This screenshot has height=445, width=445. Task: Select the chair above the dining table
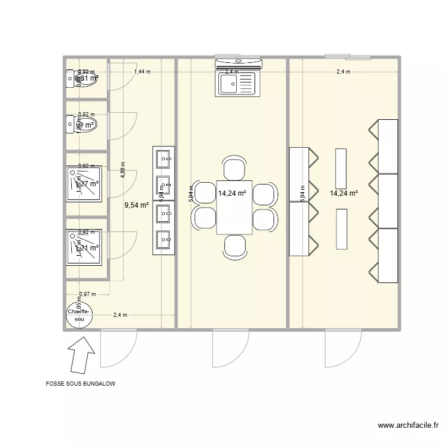234,168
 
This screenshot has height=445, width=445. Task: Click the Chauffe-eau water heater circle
78,315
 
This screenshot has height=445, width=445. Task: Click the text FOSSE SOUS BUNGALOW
81,384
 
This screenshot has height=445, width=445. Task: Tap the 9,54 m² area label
135,206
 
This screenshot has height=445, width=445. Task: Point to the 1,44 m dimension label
142,72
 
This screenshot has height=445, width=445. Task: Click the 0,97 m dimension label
87,294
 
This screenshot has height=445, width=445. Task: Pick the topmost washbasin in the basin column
163,159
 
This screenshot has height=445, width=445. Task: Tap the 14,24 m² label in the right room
345,193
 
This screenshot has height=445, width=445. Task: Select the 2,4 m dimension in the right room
343,72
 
